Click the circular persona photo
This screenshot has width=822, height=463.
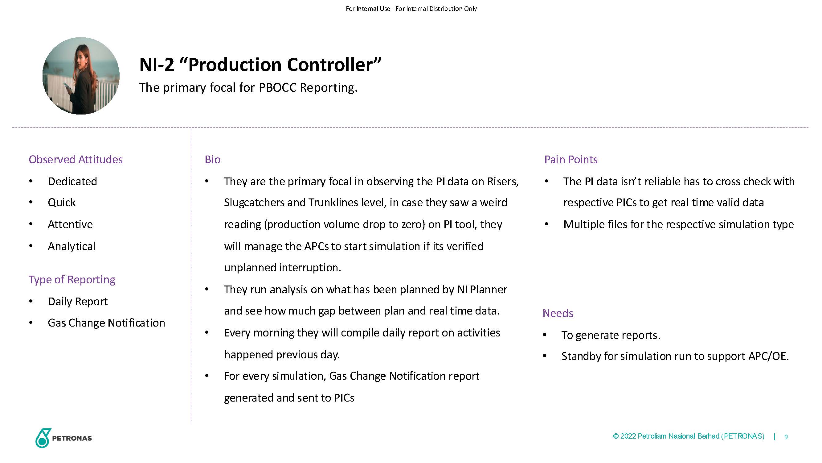point(81,76)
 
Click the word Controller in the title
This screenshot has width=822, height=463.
point(334,65)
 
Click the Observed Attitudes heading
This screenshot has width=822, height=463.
point(76,160)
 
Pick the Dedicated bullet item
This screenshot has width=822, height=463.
point(72,181)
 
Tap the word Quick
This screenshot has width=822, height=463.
point(62,202)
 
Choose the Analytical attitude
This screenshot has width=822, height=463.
point(72,246)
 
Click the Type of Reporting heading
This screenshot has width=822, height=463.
point(72,280)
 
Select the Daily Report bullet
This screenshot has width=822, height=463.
point(78,301)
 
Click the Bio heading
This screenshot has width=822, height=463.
point(213,160)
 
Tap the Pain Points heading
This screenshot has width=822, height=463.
point(571,160)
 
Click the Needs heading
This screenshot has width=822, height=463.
point(558,313)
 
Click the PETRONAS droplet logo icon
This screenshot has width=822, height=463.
point(43,438)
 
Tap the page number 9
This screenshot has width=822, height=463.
point(786,437)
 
